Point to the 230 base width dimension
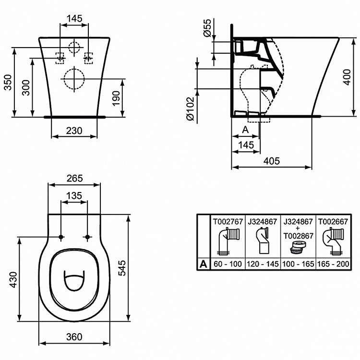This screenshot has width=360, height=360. pos(74,130)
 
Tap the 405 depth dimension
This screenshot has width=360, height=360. pos(271,161)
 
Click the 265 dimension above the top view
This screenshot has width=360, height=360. pos(74,178)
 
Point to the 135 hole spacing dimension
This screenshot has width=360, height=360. pos(74,196)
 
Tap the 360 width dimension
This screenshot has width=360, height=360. pos(74,336)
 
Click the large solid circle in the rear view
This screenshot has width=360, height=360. pos(73,79)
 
